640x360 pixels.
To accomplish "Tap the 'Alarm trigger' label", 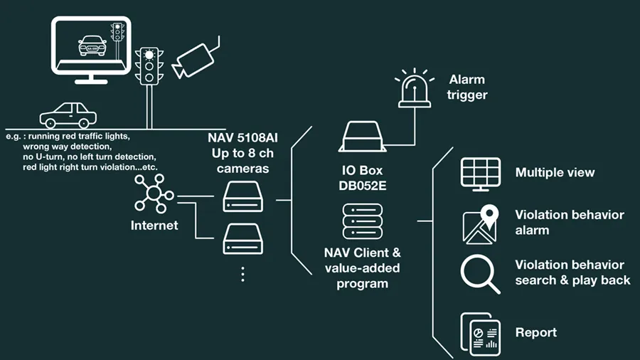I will coord(466,86).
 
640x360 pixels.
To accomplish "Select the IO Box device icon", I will coord(364,138).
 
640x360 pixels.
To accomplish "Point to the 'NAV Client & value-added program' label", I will coord(363,268).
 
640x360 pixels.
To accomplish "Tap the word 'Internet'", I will coord(154,226).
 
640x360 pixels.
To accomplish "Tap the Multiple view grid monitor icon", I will coord(481,174).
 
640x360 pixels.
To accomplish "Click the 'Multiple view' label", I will coord(555,173).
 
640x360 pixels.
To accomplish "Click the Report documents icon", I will coord(479,333).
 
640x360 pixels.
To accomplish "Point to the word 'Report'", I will coord(536,332).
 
